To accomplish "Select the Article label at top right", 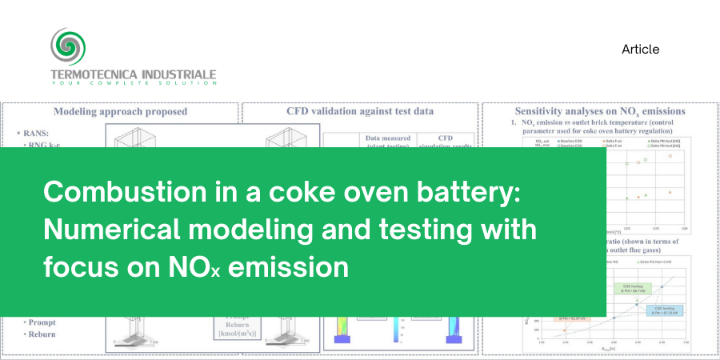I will pos(640,50).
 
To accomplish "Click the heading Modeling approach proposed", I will pos(120,112).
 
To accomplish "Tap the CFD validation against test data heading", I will pos(360,112).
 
